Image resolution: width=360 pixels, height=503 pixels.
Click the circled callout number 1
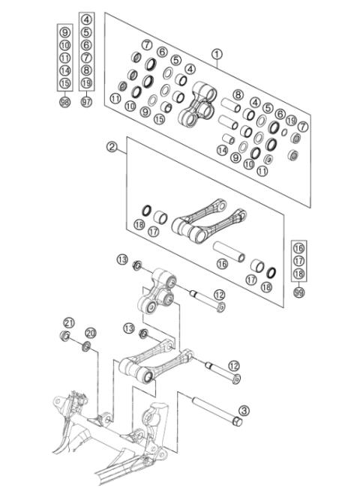pyautogui.click(x=217, y=54)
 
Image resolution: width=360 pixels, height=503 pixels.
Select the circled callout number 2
pyautogui.click(x=112, y=147)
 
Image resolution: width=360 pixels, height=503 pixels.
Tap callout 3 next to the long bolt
pyautogui.click(x=244, y=410)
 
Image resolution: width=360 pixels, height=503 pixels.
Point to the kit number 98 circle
pyautogui.click(x=64, y=102)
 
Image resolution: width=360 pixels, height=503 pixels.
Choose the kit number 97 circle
pyautogui.click(x=86, y=102)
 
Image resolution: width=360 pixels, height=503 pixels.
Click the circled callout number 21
pyautogui.click(x=69, y=323)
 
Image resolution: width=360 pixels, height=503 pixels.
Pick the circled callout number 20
pyautogui.click(x=91, y=332)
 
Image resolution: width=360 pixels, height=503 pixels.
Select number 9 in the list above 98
pyautogui.click(x=64, y=31)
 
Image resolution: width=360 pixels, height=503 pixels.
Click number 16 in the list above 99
pyautogui.click(x=299, y=247)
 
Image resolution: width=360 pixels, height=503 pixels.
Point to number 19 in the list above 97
pyautogui.click(x=86, y=82)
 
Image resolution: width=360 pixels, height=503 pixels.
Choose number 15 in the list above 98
pyautogui.click(x=64, y=82)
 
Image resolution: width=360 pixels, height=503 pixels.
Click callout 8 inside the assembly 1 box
pyautogui.click(x=238, y=94)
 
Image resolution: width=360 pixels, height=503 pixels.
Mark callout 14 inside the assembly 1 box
pyautogui.click(x=222, y=150)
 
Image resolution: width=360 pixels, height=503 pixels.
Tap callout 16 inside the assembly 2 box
pyautogui.click(x=221, y=264)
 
